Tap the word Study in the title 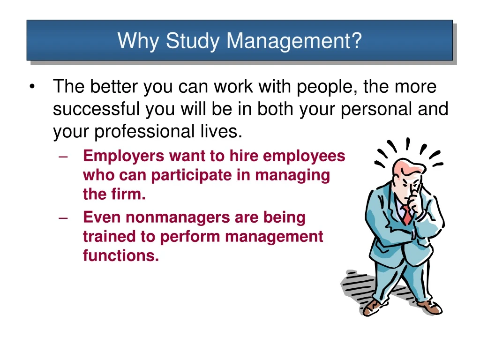[x=192, y=41]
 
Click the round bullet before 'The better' [x=32, y=87]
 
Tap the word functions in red [x=120, y=256]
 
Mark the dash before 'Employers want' [x=65, y=156]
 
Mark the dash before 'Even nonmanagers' [x=65, y=217]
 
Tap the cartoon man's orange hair [x=399, y=166]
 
